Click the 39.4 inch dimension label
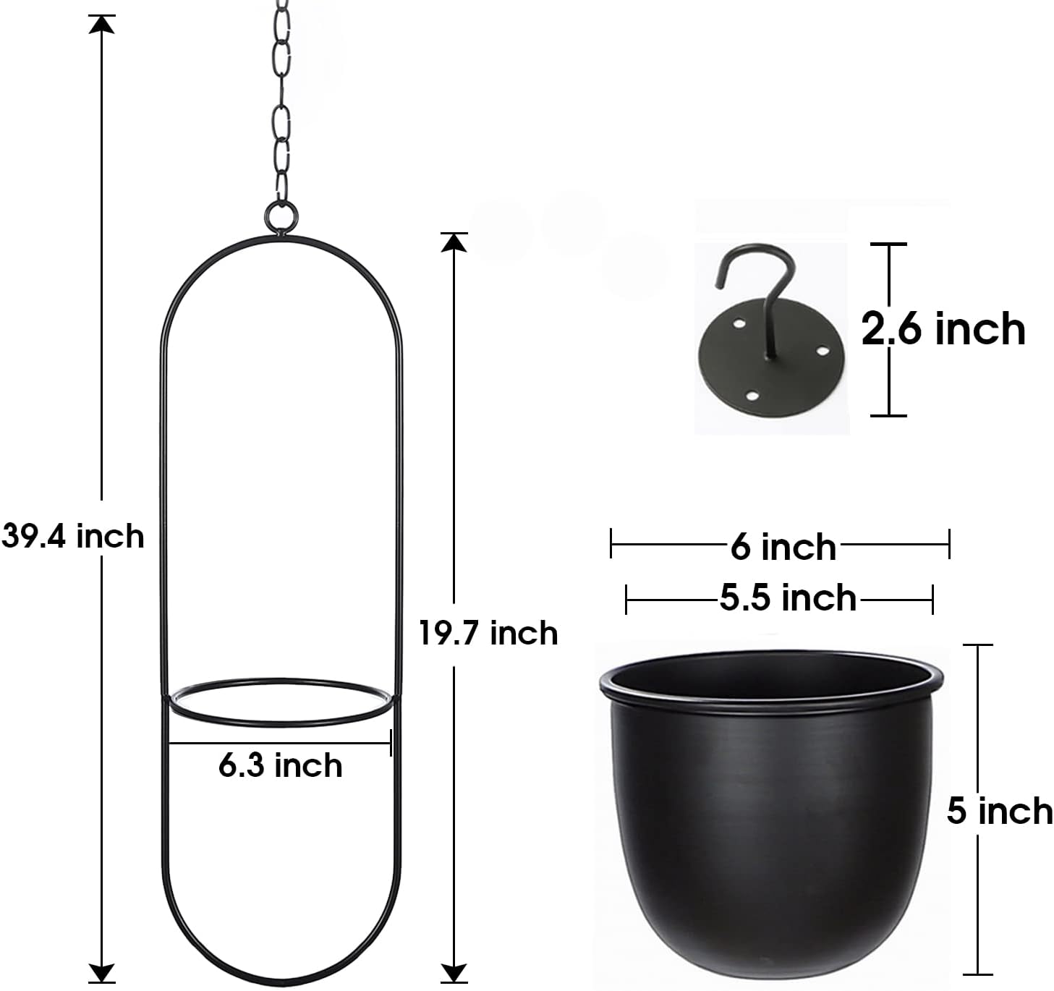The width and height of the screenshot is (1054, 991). pos(73,536)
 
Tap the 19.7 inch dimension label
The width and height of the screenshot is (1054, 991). pos(488,633)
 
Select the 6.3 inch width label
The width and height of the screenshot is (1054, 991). pos(280,765)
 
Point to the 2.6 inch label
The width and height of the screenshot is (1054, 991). pos(943,329)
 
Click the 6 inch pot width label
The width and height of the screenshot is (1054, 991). pos(783,547)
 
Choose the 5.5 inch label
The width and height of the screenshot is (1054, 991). pos(788,597)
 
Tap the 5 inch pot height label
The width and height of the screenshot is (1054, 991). pos(1000,812)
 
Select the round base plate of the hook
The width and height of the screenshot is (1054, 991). pos(770,358)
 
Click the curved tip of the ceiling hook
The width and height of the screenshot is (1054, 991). pos(720,284)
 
